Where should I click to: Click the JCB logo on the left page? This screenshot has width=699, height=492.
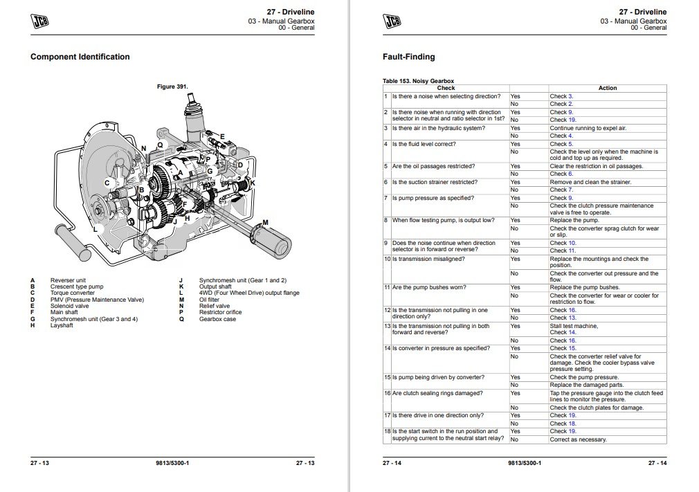(42, 21)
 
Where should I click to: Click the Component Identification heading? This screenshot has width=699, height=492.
(80, 57)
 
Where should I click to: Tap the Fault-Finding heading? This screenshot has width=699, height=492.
(408, 57)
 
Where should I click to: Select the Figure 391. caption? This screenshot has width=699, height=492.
(172, 86)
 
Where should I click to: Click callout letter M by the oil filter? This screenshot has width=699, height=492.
(265, 221)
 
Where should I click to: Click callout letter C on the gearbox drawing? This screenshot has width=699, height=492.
(107, 183)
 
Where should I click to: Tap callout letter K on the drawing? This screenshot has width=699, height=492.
(253, 183)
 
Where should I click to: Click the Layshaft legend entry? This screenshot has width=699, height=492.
(62, 325)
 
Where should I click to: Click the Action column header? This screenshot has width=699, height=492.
(607, 88)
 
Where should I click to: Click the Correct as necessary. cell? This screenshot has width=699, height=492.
(578, 439)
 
